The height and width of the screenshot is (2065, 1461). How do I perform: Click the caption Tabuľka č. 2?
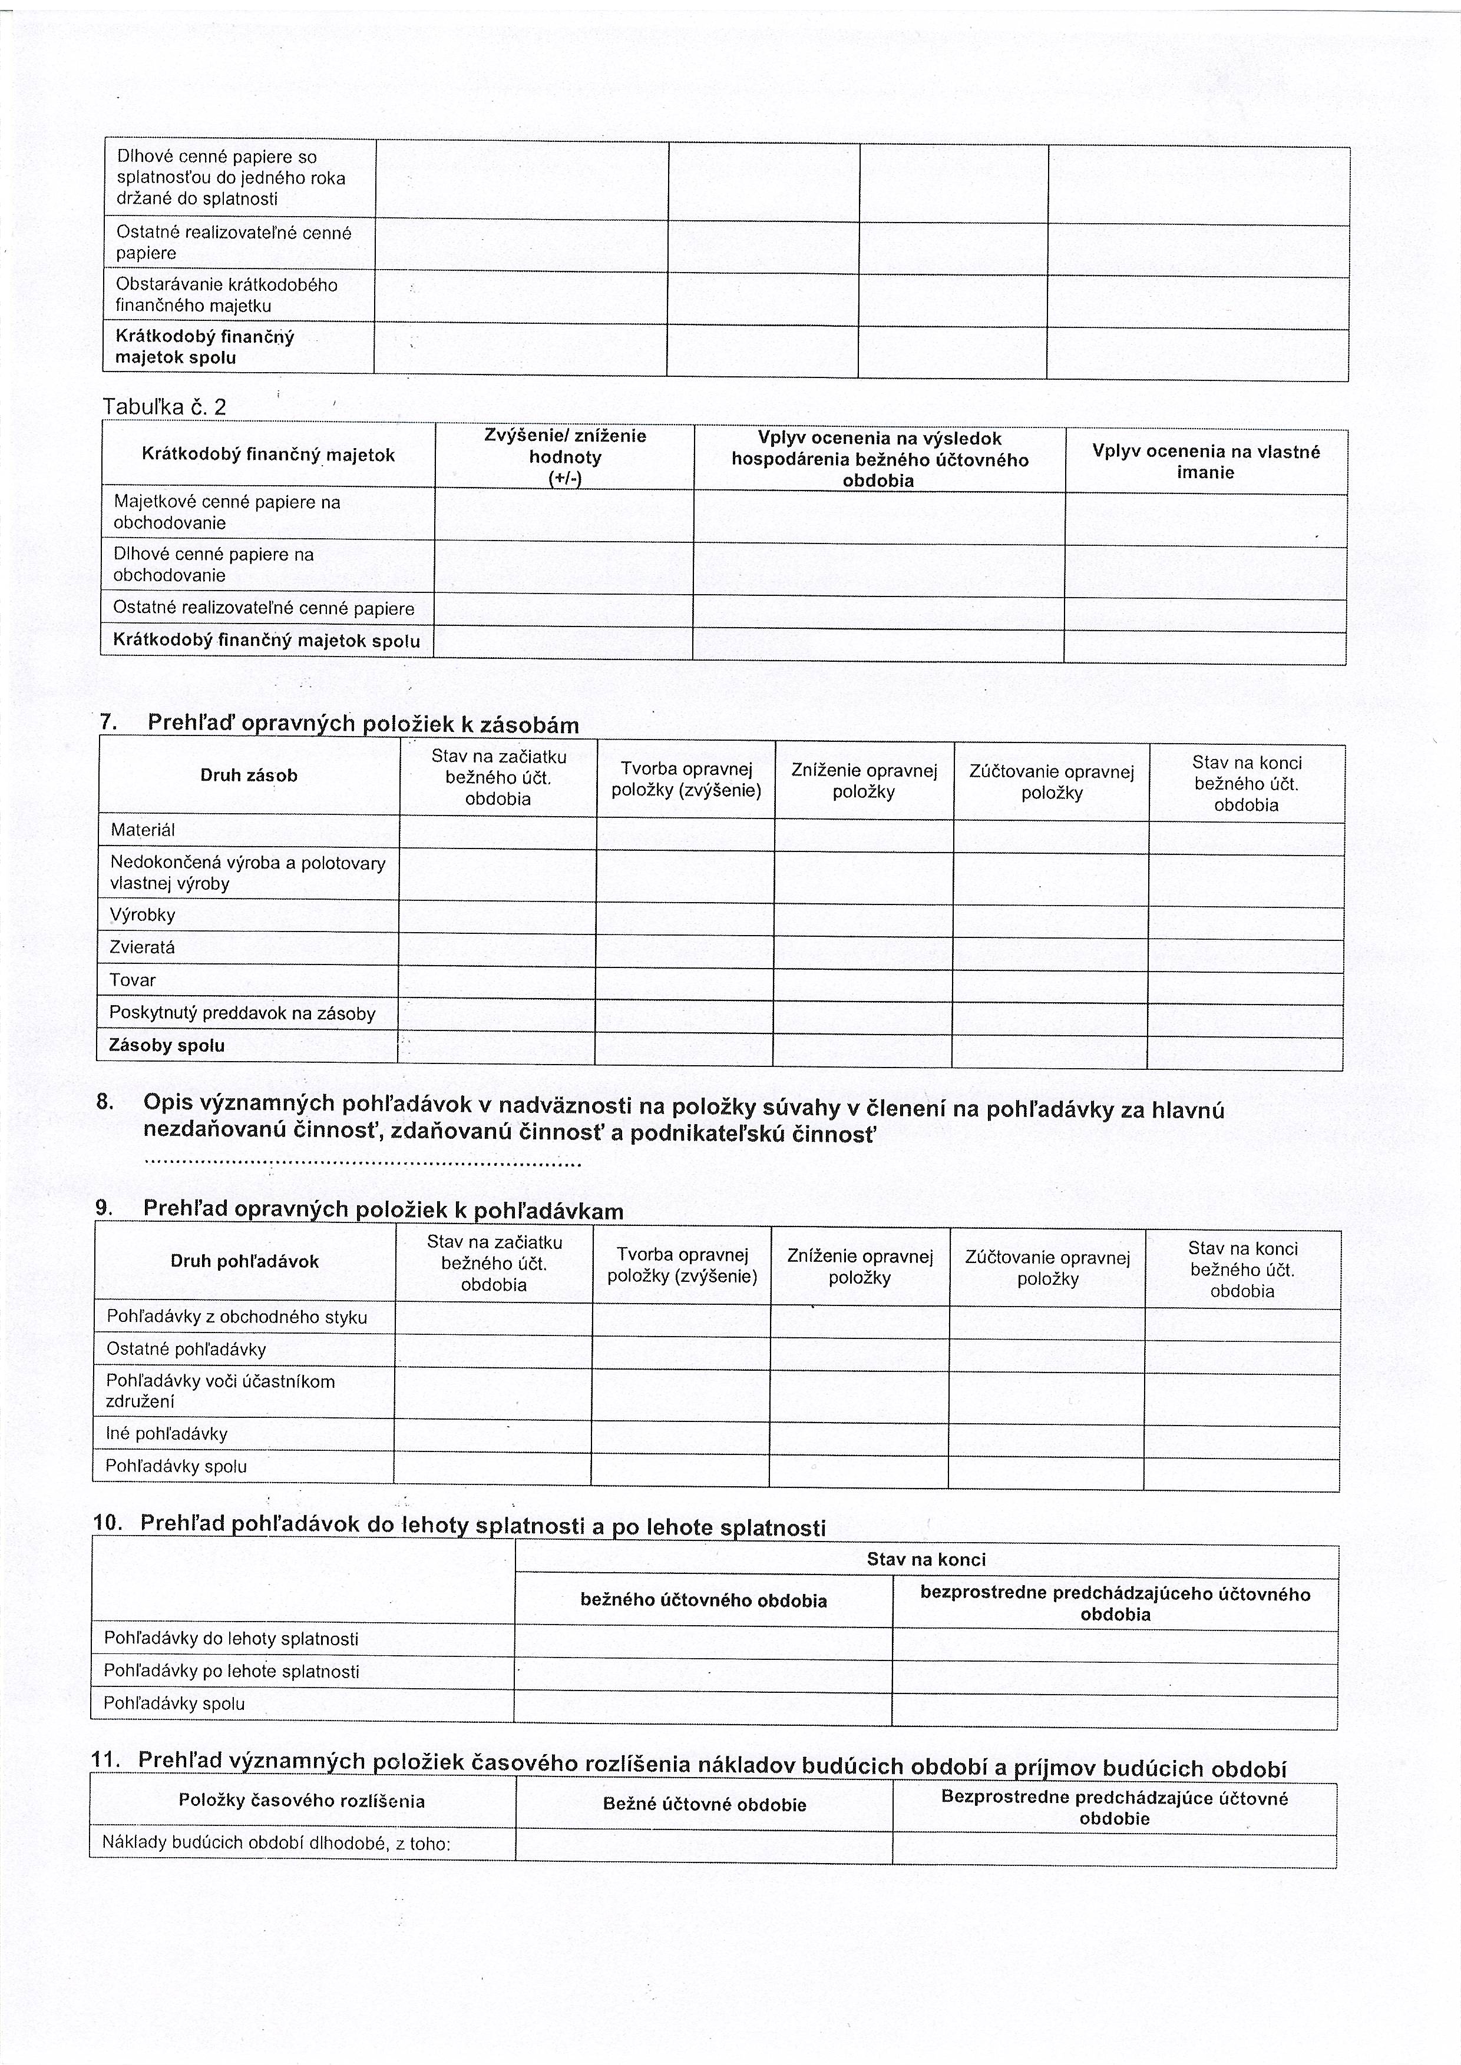pyautogui.click(x=164, y=406)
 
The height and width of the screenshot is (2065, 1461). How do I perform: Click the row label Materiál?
pyautogui.click(x=143, y=829)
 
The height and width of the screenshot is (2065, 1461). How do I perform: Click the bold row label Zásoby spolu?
pyautogui.click(x=167, y=1045)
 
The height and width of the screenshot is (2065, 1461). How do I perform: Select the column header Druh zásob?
pyautogui.click(x=248, y=775)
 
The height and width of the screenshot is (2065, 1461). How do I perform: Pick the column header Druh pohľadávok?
pyautogui.click(x=244, y=1261)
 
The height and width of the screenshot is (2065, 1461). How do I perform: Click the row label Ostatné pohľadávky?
pyautogui.click(x=186, y=1349)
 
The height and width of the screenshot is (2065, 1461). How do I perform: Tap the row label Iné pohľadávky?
pyautogui.click(x=167, y=1434)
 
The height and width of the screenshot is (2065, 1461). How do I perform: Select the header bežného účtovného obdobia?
pyautogui.click(x=703, y=1600)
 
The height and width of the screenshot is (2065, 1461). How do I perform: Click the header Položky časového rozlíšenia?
pyautogui.click(x=302, y=1801)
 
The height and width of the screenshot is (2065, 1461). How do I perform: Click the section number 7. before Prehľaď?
pyautogui.click(x=109, y=722)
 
